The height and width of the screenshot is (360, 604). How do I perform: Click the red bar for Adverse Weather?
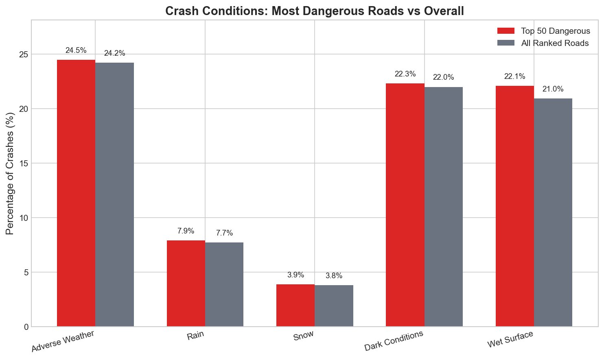[x=76, y=193]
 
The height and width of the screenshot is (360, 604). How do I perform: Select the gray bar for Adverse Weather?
[x=114, y=194]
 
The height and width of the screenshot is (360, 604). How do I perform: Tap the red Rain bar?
[x=186, y=283]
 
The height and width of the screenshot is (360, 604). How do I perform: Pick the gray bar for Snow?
[x=334, y=305]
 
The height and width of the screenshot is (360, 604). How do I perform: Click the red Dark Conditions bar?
[x=405, y=205]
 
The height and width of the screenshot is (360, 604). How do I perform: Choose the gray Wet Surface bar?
[x=553, y=212]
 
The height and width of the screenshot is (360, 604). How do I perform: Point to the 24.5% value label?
[x=76, y=50]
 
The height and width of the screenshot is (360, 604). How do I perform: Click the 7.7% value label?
[x=224, y=233]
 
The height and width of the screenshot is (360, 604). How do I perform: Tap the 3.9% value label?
[x=295, y=275]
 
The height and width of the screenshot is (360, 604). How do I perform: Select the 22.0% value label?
[x=443, y=77]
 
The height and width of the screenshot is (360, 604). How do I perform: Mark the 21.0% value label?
[x=553, y=89]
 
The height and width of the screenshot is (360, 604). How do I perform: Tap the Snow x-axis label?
[x=304, y=336]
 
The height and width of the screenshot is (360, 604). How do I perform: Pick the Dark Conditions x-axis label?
[x=394, y=340]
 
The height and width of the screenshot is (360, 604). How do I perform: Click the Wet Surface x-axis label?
[x=510, y=339]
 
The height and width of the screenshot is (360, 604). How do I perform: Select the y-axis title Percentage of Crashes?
[x=10, y=173]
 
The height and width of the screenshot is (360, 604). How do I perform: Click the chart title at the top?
[x=314, y=11]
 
